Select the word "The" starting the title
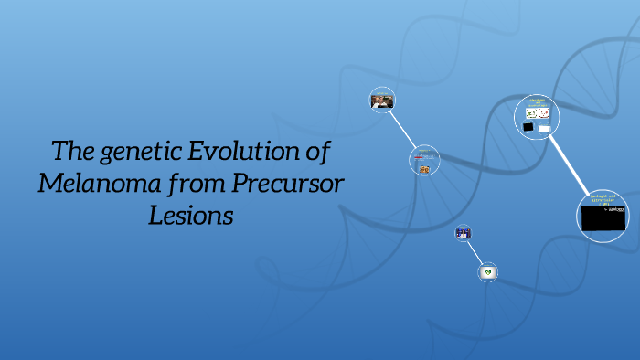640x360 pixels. point(69,151)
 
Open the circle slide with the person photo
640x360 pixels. point(381,101)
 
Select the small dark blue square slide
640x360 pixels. point(464,234)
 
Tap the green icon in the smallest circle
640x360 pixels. point(488,271)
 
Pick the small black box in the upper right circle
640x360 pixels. point(528,128)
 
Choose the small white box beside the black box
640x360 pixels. point(545,129)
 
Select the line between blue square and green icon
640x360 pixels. point(475,252)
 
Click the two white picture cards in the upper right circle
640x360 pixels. point(537,113)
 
